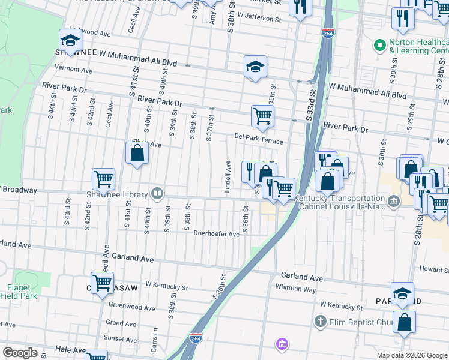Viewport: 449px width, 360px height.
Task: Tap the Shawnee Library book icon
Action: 157,193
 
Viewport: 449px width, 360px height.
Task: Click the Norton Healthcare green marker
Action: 379,45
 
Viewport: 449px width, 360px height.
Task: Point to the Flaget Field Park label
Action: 22,292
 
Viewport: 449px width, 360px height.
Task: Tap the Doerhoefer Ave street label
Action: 216,234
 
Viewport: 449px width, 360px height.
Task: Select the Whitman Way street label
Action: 295,288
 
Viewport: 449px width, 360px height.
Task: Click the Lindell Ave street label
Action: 228,176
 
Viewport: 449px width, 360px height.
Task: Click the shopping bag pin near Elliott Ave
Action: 137,154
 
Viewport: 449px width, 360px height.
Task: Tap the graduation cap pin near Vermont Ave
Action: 70,41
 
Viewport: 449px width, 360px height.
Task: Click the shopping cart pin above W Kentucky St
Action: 102,282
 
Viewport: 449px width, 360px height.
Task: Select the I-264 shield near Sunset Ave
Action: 196,338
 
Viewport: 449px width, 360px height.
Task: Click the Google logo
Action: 20,353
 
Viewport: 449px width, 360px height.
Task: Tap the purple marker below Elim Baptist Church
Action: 282,344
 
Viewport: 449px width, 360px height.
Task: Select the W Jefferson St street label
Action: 259,19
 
